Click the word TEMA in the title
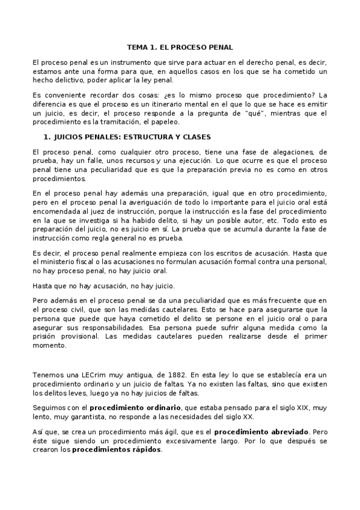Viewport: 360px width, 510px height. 138,46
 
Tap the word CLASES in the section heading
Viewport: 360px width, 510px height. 195,137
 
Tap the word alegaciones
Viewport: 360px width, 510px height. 282,153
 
